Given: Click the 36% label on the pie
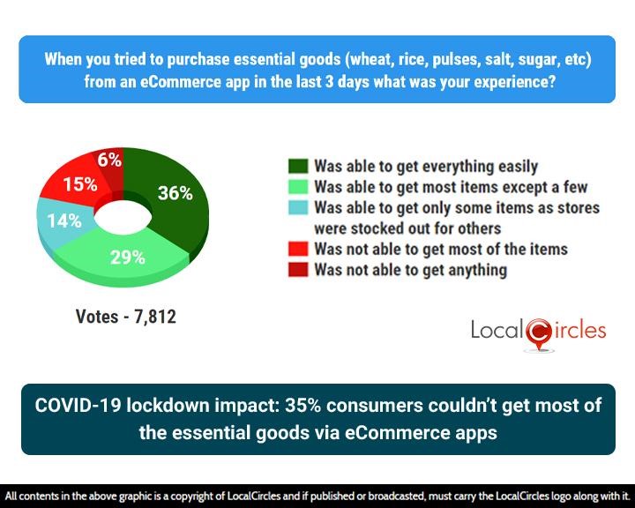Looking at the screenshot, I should coord(175,193).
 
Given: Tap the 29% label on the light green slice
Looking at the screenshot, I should coord(127,258).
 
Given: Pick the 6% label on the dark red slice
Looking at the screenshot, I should coord(109,160).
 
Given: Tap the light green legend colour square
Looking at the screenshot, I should coord(297,187).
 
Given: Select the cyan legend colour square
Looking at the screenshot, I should coord(297,208).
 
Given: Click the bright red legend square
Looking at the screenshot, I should coord(297,250).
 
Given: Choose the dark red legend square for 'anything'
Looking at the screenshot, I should coord(297,270).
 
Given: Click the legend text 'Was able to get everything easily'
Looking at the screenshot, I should coord(425,167).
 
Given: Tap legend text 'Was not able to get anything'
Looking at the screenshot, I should coord(410,270).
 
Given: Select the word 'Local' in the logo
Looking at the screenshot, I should coord(497,332).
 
